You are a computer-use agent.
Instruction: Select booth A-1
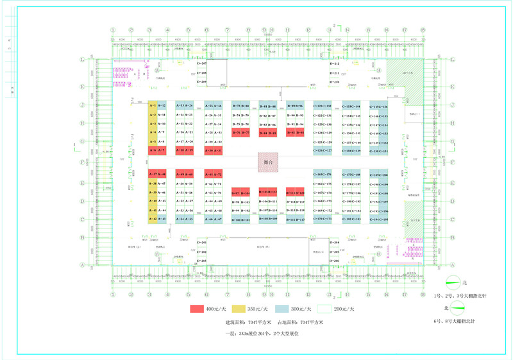coord(153,105)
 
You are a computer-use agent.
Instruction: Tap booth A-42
coord(153,219)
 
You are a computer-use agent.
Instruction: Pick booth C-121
coord(318,105)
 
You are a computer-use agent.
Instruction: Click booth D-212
coord(335,64)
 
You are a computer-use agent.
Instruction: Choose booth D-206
coord(335,261)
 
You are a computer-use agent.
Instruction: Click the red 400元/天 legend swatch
coord(201,309)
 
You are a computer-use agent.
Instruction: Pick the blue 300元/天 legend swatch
coord(283,309)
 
